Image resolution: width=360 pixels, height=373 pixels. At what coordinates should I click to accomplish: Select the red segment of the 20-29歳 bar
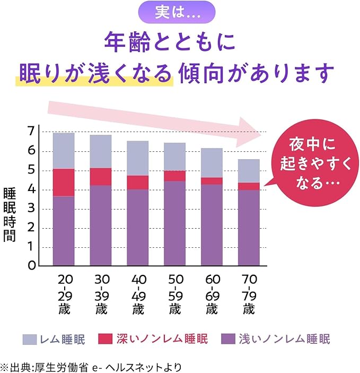pos(64,182)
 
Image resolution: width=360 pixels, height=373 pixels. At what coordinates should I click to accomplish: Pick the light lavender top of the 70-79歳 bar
pos(249,170)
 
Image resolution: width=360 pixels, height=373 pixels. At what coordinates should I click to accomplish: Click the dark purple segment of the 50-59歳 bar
pos(174,223)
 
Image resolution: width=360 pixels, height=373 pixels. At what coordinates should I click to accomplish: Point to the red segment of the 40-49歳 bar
pos(137,182)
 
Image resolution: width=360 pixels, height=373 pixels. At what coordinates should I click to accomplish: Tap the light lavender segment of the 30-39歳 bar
pos(100,151)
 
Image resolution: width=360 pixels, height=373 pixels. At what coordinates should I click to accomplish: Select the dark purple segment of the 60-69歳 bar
pos(212,224)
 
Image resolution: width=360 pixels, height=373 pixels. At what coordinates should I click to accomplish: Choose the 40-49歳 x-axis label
pos(137,294)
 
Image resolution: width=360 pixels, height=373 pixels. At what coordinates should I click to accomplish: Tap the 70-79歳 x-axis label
pos(249,294)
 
